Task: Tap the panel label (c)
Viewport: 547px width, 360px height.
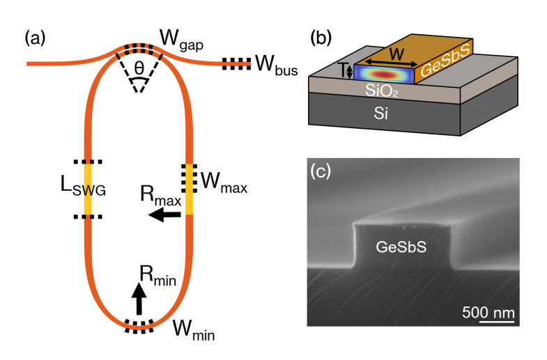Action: [322, 172]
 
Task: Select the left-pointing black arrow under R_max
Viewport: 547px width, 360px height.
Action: [165, 216]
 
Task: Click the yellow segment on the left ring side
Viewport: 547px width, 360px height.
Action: [88, 189]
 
